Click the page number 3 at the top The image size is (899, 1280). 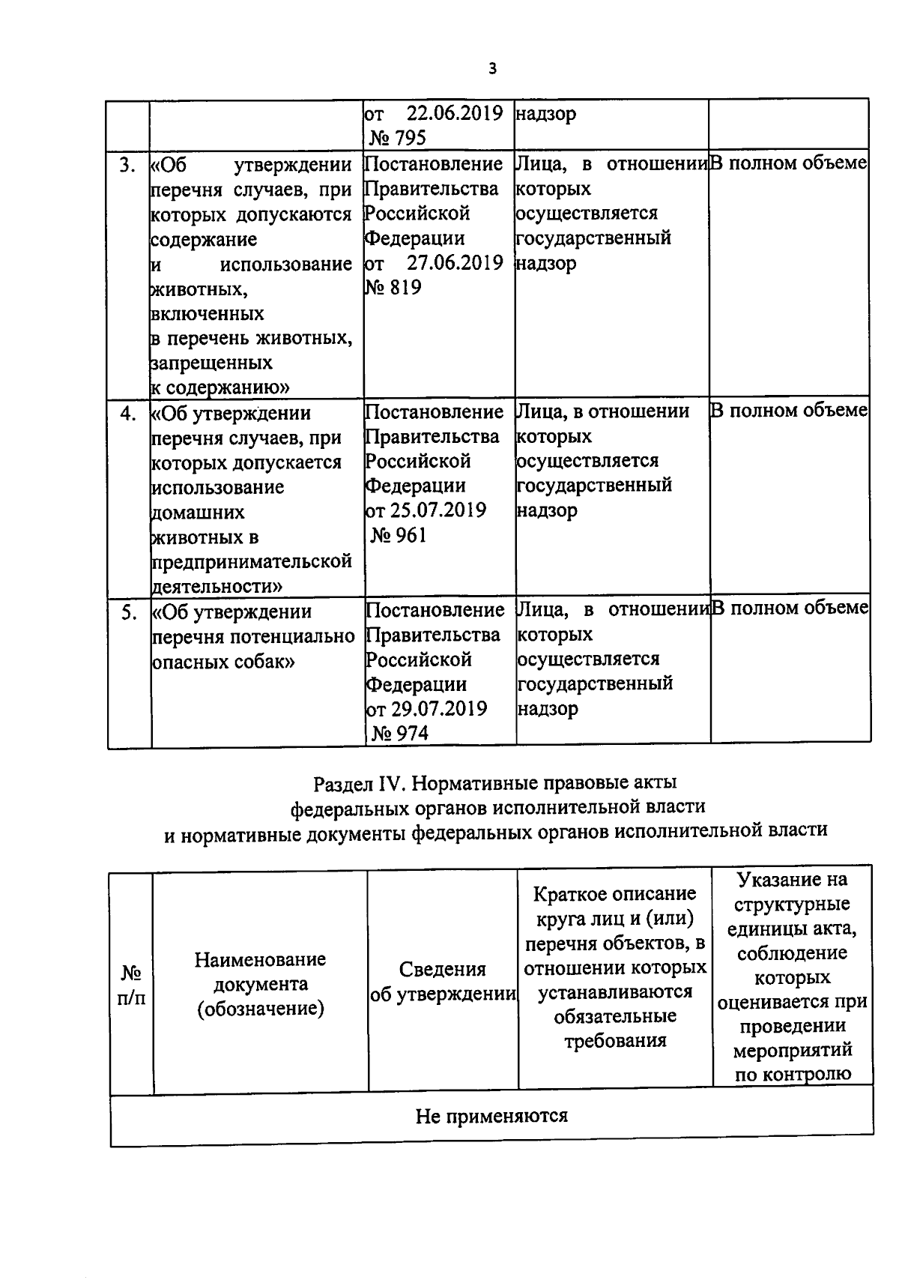[491, 69]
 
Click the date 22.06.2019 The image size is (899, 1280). [454, 114]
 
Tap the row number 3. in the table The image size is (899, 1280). [128, 164]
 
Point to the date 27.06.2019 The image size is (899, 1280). [454, 263]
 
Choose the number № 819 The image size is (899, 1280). [393, 288]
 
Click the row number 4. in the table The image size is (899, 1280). [128, 413]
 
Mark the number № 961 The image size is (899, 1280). [399, 535]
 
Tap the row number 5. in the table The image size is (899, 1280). [129, 612]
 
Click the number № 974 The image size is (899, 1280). [401, 734]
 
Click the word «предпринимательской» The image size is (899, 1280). [252, 561]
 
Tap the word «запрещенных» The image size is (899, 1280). [212, 363]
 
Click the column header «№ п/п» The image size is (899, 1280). [132, 985]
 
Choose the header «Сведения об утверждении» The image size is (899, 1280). [443, 982]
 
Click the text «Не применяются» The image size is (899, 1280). [491, 1116]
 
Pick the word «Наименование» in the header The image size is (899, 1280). [260, 959]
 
